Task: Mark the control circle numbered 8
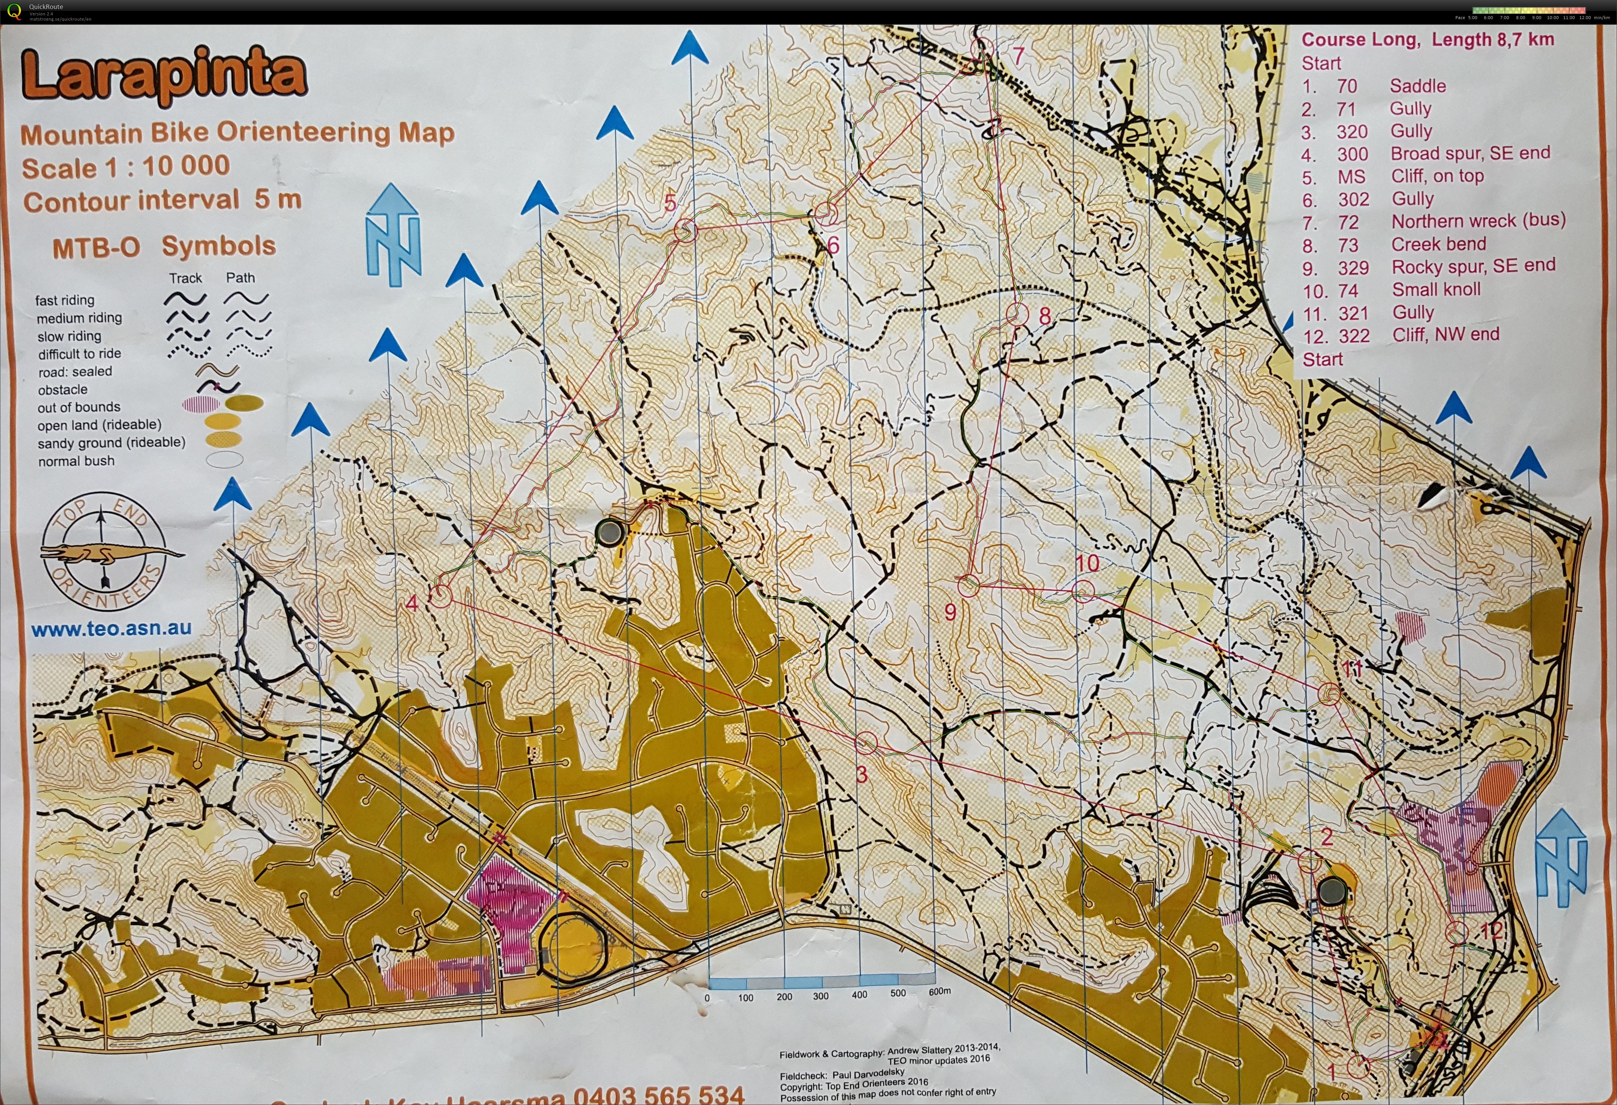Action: [1017, 315]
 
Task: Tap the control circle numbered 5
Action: [685, 230]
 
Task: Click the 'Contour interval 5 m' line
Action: [162, 200]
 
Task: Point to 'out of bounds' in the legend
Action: [79, 407]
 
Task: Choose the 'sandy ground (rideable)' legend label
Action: [111, 442]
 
